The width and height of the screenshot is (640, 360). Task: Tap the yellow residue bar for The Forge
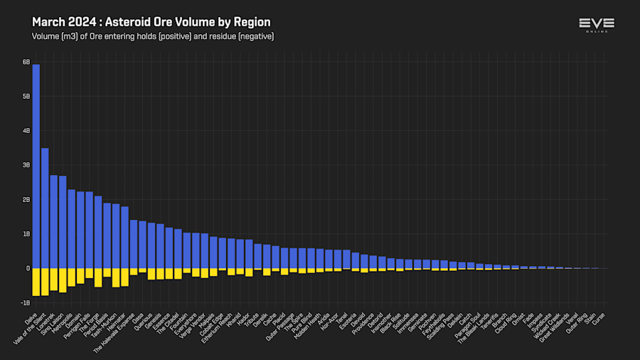pyautogui.click(x=98, y=277)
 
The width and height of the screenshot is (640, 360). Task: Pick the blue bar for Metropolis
pyautogui.click(x=71, y=228)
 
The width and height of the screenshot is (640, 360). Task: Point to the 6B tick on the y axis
pyautogui.click(x=26, y=62)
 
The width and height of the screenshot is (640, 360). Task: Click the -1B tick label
pyautogui.click(x=25, y=302)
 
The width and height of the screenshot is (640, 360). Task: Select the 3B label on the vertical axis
pyautogui.click(x=26, y=165)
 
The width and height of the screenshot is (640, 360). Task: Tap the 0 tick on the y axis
pyautogui.click(x=28, y=268)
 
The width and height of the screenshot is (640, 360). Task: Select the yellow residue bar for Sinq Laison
pyautogui.click(x=63, y=280)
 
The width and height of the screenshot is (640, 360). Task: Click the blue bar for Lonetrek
pyautogui.click(x=53, y=221)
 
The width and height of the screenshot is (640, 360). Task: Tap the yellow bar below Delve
pyautogui.click(x=36, y=282)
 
